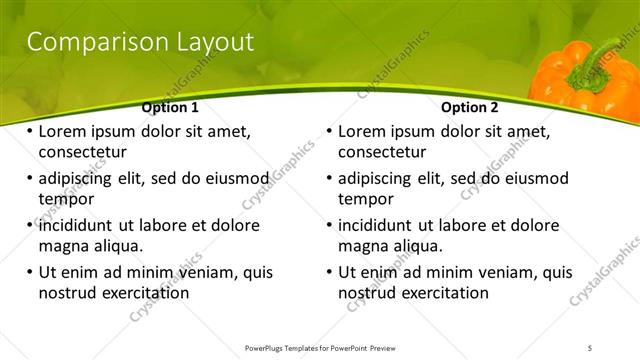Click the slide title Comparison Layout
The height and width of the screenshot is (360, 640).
coord(139,42)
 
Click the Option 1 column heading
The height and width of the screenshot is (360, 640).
coord(170,107)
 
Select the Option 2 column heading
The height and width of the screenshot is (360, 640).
coord(469,107)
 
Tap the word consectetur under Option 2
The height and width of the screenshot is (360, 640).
coord(381,153)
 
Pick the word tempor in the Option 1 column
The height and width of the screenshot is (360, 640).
coord(65,199)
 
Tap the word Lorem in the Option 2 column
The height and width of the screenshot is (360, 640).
coord(363,131)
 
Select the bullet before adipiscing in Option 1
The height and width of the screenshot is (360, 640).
coord(29,178)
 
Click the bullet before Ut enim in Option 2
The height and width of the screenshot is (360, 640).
coord(329,271)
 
